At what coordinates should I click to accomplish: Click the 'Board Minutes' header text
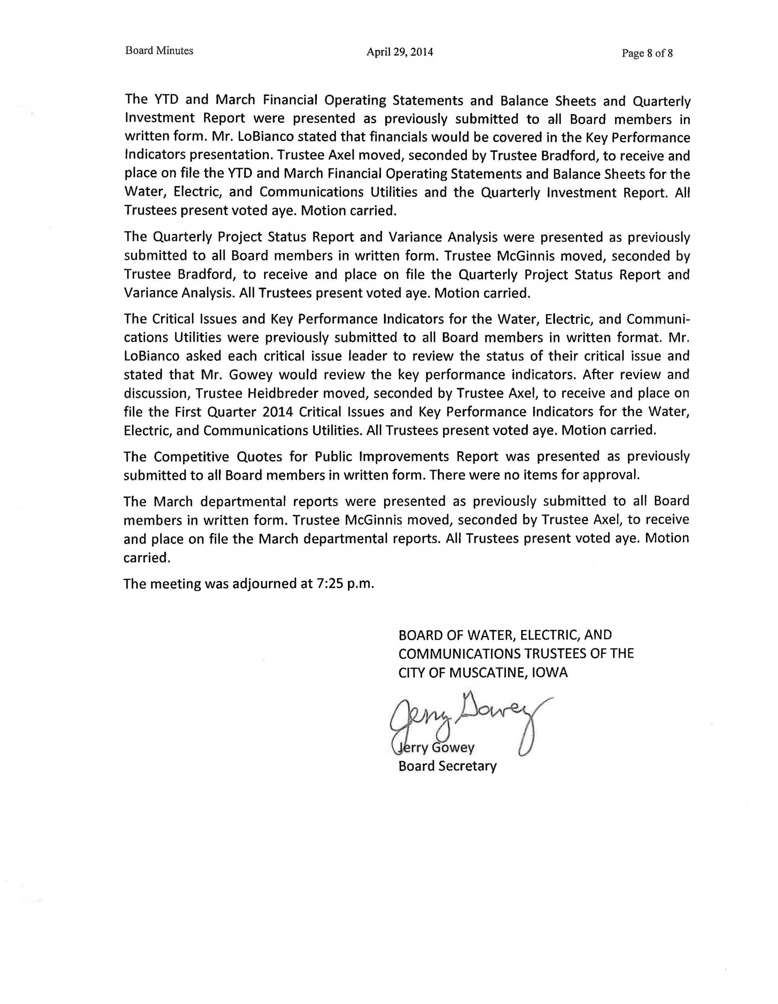pos(159,51)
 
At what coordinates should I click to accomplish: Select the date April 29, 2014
pos(399,52)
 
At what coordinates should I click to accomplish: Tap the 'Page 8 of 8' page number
pos(647,53)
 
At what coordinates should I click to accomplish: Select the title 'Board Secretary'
pos(447,766)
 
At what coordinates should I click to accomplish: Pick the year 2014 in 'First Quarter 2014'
pos(278,411)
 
